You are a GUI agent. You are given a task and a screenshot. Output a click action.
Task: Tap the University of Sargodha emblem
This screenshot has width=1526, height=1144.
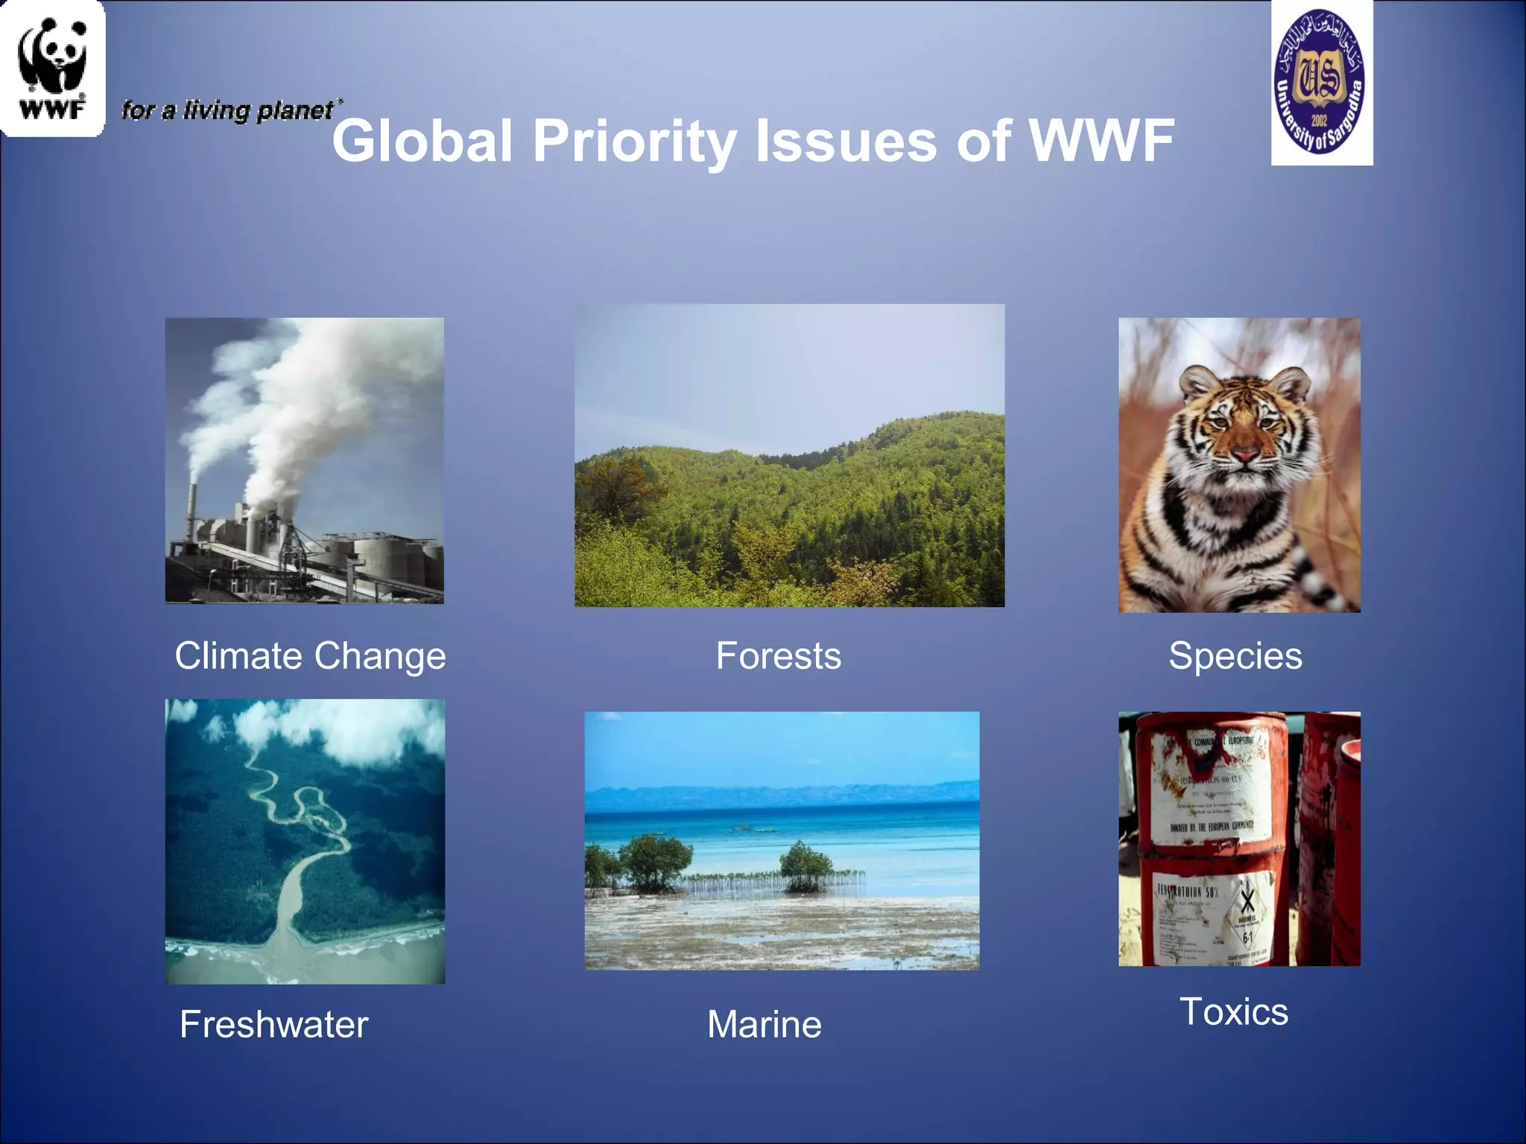click(x=1321, y=81)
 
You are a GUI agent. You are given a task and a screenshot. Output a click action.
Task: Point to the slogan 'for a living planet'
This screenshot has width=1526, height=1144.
click(x=228, y=110)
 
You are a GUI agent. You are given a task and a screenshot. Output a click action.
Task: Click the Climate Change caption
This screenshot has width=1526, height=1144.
click(x=310, y=656)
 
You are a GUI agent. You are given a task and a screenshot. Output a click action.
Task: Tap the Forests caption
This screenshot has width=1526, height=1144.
click(x=779, y=656)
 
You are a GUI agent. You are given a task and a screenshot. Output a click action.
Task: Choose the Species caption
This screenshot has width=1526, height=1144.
click(x=1235, y=656)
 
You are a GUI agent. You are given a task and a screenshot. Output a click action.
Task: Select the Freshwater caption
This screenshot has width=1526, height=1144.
click(x=273, y=1024)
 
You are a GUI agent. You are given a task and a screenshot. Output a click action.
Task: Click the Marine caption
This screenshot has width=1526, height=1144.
click(x=764, y=1024)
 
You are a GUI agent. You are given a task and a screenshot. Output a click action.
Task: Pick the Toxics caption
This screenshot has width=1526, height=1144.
click(x=1234, y=1011)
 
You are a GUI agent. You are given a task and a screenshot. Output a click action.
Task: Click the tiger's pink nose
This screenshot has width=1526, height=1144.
click(x=1244, y=453)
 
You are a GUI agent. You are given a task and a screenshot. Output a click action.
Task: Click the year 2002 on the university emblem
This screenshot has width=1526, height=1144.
click(x=1320, y=119)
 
